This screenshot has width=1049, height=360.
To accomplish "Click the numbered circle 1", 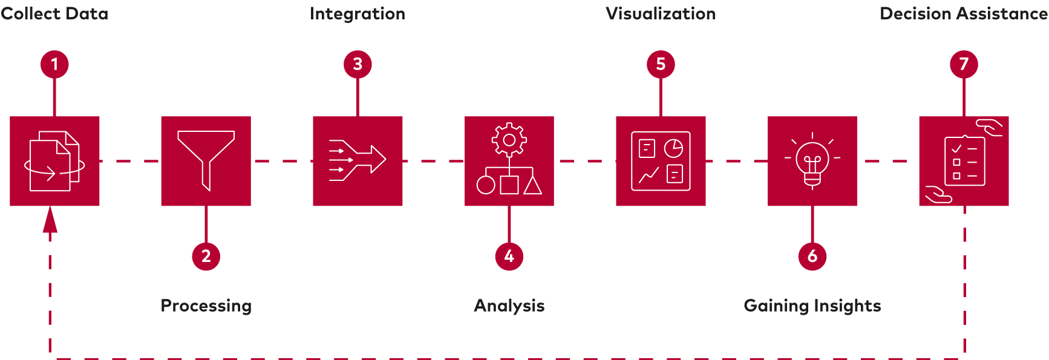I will point(54,64).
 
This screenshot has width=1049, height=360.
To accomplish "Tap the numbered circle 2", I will point(206,256).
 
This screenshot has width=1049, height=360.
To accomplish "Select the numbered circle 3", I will point(358,64).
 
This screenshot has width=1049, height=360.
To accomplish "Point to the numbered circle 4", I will point(509,256).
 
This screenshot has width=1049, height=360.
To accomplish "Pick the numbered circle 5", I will point(661,64).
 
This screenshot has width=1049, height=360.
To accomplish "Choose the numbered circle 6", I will point(812,256).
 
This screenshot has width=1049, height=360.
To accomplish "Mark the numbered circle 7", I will point(964,64).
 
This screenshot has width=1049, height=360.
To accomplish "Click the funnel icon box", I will point(206,161).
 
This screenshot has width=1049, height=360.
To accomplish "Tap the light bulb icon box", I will point(812,161).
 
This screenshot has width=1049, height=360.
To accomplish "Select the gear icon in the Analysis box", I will point(509,140).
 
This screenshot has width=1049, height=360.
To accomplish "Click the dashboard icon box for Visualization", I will point(661,161).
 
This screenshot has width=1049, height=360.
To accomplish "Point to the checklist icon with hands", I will point(964,161).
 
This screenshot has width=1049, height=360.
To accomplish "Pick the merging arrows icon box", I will point(358,161).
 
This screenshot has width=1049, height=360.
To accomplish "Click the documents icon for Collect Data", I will point(54,161).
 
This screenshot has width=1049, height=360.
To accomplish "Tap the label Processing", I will point(206,306).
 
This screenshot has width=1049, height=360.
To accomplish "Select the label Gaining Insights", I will point(812,306).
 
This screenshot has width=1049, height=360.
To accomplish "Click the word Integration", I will point(358,14).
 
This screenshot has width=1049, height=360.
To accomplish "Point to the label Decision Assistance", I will point(964,14).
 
